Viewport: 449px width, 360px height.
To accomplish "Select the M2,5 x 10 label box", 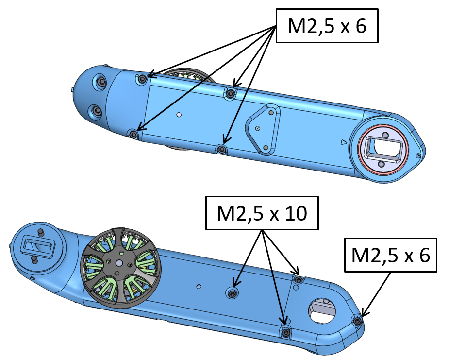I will point(262,213).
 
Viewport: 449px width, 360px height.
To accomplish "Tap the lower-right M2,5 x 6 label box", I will point(390,255).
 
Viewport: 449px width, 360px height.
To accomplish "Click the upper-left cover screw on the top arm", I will point(142,79).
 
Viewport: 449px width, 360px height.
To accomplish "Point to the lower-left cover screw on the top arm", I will point(133,134).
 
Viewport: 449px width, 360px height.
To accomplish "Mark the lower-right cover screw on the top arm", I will point(221,149).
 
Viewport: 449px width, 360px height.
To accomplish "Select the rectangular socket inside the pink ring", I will point(384,149).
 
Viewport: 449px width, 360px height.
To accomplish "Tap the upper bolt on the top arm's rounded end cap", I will point(101,83).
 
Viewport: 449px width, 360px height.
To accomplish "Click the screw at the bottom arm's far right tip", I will point(357,320).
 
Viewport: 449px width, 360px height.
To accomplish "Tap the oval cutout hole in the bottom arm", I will point(323,309).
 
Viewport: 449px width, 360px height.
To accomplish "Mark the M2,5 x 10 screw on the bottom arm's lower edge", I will point(286,332).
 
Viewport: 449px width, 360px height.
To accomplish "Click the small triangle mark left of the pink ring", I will point(344,142).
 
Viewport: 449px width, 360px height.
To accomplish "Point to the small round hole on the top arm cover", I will point(179,115).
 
